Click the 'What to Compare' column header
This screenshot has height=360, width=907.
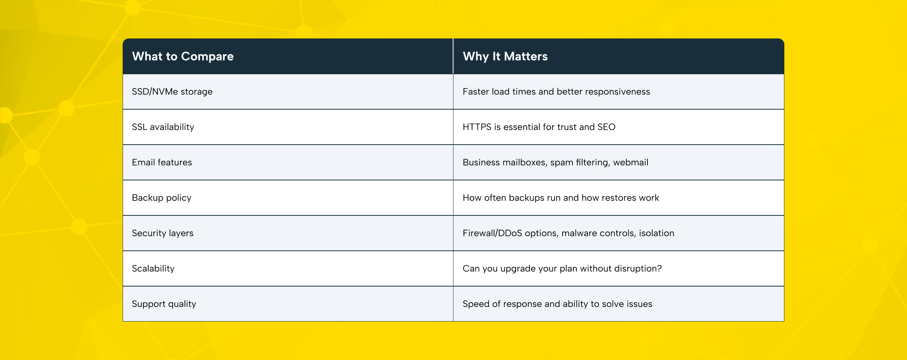(x=183, y=57)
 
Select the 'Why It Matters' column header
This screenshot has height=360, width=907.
(x=505, y=57)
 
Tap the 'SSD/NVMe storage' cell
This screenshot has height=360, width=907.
(x=172, y=92)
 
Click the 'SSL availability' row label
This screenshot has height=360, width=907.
(x=163, y=127)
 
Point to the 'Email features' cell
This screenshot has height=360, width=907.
(x=161, y=162)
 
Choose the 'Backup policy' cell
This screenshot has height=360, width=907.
(x=161, y=198)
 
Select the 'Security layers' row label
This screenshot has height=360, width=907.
(x=162, y=233)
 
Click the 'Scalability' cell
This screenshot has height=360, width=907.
(x=153, y=268)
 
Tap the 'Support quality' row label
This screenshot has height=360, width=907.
(x=164, y=304)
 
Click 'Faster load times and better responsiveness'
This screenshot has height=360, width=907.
(x=556, y=92)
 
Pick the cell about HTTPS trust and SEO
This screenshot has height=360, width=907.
(x=539, y=127)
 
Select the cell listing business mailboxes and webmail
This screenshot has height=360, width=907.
(x=555, y=162)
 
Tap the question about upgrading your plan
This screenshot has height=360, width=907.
(x=562, y=268)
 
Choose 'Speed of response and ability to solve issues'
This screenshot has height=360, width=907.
(x=557, y=304)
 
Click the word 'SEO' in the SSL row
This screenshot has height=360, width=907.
(x=606, y=127)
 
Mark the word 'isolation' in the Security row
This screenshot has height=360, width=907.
(x=656, y=233)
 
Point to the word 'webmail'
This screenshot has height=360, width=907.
(x=631, y=162)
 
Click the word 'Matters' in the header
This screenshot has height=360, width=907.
(x=526, y=57)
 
